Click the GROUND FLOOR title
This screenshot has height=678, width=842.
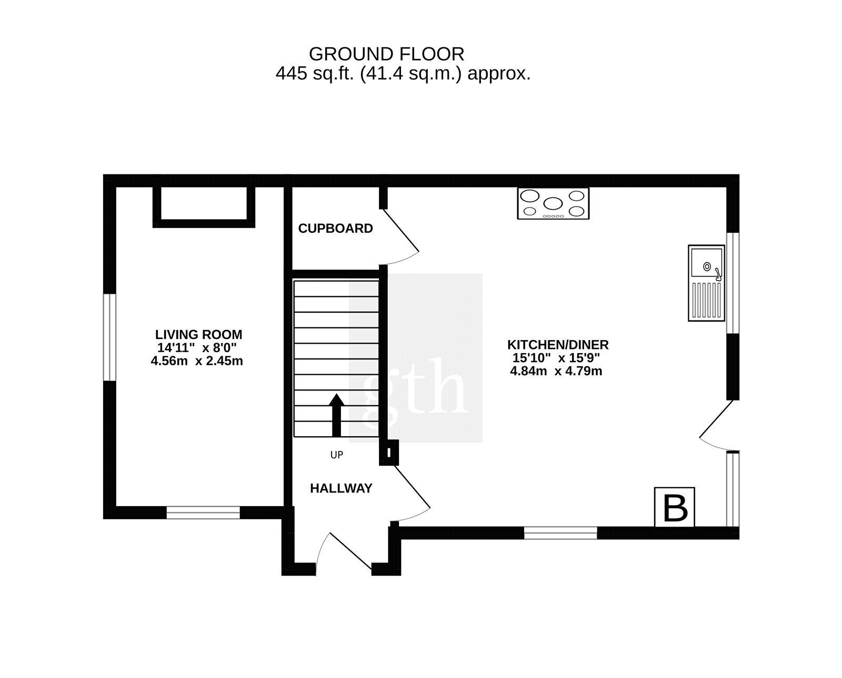click(386, 54)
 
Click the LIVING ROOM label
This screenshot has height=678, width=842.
click(199, 334)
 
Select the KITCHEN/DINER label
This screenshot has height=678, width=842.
click(558, 345)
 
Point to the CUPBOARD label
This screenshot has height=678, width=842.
click(335, 228)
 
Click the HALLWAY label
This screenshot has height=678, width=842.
click(341, 488)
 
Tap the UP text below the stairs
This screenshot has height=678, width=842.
click(336, 455)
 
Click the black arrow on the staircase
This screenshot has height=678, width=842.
click(336, 415)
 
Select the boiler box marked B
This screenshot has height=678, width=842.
click(675, 507)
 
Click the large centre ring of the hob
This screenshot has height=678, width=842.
click(553, 203)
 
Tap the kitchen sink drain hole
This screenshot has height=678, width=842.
click(707, 266)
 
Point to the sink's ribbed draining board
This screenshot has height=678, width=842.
click(706, 300)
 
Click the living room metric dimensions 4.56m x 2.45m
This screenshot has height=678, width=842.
click(197, 361)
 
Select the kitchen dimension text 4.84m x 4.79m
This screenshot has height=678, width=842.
click(556, 371)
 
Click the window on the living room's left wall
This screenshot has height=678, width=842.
click(109, 337)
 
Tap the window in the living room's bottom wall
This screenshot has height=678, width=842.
click(203, 512)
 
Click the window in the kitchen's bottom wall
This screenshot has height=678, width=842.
click(560, 533)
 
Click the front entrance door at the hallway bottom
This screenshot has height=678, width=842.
click(344, 553)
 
